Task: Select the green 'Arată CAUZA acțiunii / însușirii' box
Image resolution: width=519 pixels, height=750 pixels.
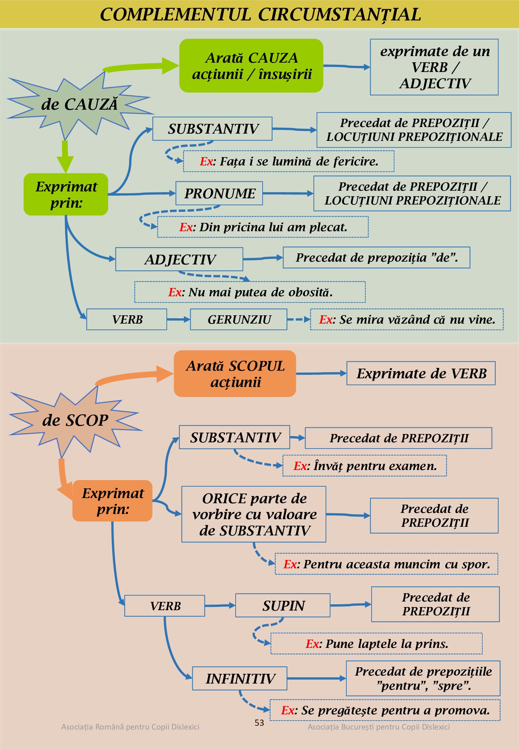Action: (251, 66)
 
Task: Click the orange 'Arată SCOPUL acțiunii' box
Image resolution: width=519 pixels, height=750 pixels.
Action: (235, 374)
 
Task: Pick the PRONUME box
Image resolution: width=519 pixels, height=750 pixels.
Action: (219, 193)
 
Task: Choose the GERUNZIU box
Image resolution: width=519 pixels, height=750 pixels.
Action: (239, 319)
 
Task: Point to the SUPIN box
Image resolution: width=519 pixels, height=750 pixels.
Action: (283, 605)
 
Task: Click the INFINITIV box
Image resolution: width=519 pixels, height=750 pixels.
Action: (240, 678)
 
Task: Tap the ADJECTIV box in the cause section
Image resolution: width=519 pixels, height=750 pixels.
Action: (179, 259)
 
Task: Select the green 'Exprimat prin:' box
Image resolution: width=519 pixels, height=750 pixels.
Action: (66, 195)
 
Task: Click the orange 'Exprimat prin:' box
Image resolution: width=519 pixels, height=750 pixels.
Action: (112, 501)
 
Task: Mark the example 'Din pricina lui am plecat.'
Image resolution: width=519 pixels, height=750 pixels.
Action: (263, 227)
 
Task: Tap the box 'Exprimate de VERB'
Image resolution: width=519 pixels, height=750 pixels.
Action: (421, 373)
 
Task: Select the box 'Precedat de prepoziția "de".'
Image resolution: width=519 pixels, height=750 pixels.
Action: (376, 257)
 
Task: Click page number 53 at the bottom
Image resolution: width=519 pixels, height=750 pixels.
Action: (259, 723)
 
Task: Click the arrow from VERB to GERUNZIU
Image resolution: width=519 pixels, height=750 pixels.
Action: (179, 319)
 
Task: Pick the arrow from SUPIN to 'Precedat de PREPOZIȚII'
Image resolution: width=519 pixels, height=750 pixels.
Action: (351, 605)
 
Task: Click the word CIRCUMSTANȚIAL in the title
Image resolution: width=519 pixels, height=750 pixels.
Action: (339, 15)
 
